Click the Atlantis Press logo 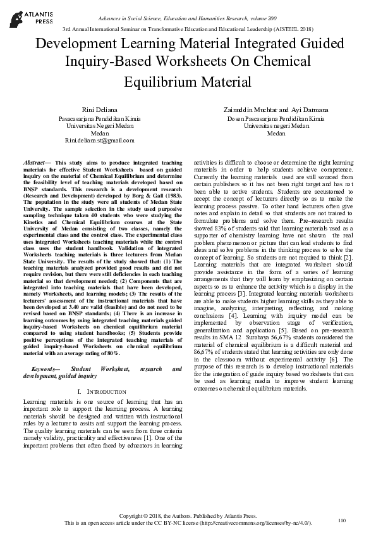(23, 15)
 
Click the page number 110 (343, 520)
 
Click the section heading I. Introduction (103, 392)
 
